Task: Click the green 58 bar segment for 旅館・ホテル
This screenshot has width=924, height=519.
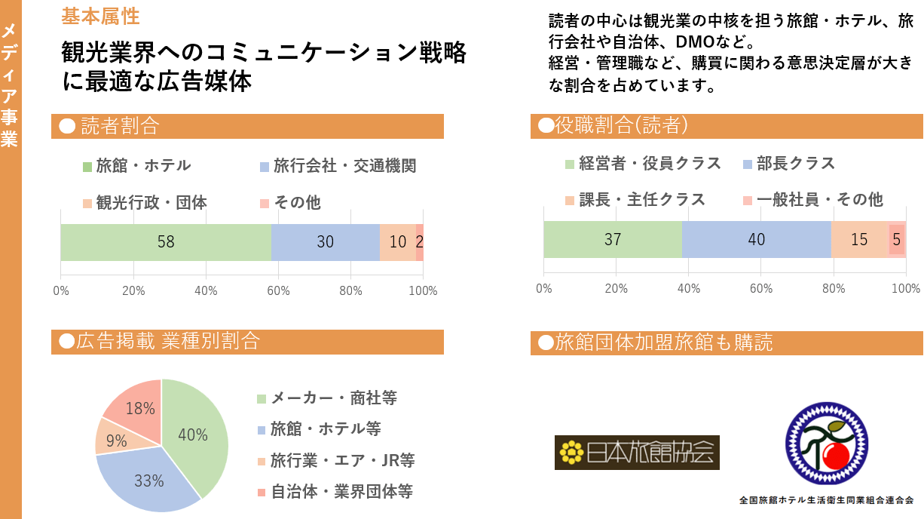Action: (166, 242)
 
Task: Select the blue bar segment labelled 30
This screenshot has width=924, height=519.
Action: (325, 242)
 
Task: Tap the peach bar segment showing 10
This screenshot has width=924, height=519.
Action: (397, 242)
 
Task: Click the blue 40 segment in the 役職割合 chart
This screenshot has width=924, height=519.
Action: (757, 239)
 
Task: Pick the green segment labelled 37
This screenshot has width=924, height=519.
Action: (613, 239)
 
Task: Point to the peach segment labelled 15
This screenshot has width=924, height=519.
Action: (859, 239)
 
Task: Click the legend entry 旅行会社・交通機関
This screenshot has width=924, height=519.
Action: (338, 165)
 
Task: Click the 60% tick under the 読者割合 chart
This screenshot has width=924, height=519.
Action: (278, 291)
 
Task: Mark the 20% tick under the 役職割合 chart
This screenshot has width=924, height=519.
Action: (616, 288)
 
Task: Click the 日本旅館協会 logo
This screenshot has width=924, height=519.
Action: (637, 453)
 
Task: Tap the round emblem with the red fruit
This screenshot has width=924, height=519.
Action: (827, 445)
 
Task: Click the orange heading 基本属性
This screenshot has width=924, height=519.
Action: (100, 16)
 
